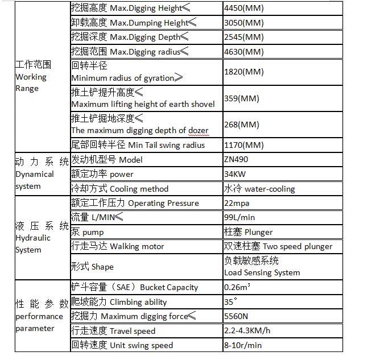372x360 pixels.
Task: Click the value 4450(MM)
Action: pos(244,9)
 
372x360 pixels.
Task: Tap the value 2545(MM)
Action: pos(244,37)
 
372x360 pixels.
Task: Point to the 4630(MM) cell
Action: pos(244,52)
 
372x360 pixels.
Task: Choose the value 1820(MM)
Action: pos(244,72)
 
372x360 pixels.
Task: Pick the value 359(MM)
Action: pos(242,98)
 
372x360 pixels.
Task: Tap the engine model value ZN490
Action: pos(237,160)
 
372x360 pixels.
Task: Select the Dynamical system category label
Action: pos(35,174)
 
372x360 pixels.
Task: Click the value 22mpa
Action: pos(236,203)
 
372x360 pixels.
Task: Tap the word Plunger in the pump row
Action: pos(258,232)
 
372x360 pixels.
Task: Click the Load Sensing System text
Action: pos(262,272)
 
